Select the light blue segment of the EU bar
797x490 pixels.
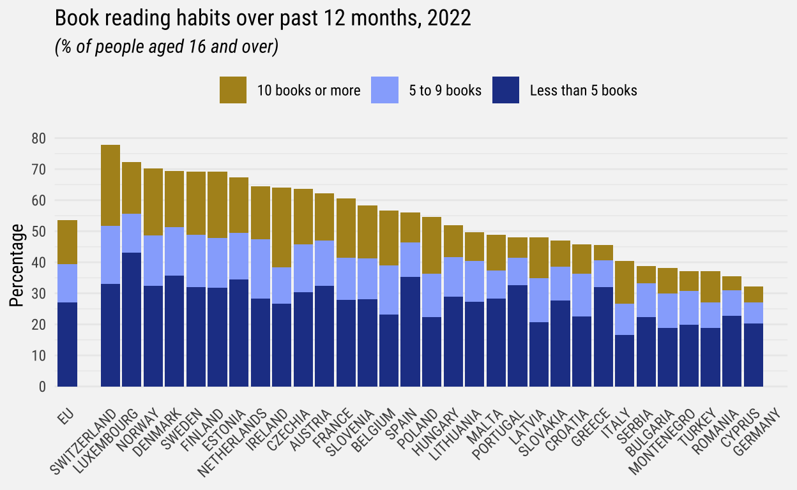pos(67,283)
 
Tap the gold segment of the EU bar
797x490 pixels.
pos(67,242)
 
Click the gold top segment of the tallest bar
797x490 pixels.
pos(110,185)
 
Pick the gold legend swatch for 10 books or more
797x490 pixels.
pos(233,90)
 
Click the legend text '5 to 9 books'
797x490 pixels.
pos(445,91)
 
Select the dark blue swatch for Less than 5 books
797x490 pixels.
pos(506,90)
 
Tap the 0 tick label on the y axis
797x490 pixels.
pos(42,387)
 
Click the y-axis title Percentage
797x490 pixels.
pos(17,265)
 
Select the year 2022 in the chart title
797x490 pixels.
pos(450,19)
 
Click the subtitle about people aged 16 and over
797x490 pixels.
pos(167,48)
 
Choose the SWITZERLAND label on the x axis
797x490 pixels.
pos(87,441)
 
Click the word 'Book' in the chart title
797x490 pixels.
pos(75,19)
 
